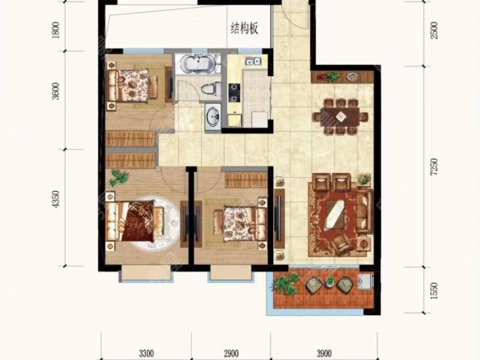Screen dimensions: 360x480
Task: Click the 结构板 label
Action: [244, 28]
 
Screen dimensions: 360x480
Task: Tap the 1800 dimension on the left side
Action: [56, 29]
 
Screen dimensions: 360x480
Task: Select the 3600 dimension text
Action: [56, 94]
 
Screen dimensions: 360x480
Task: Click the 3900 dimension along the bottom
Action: [324, 352]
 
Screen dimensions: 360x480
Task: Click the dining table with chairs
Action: [340, 115]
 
